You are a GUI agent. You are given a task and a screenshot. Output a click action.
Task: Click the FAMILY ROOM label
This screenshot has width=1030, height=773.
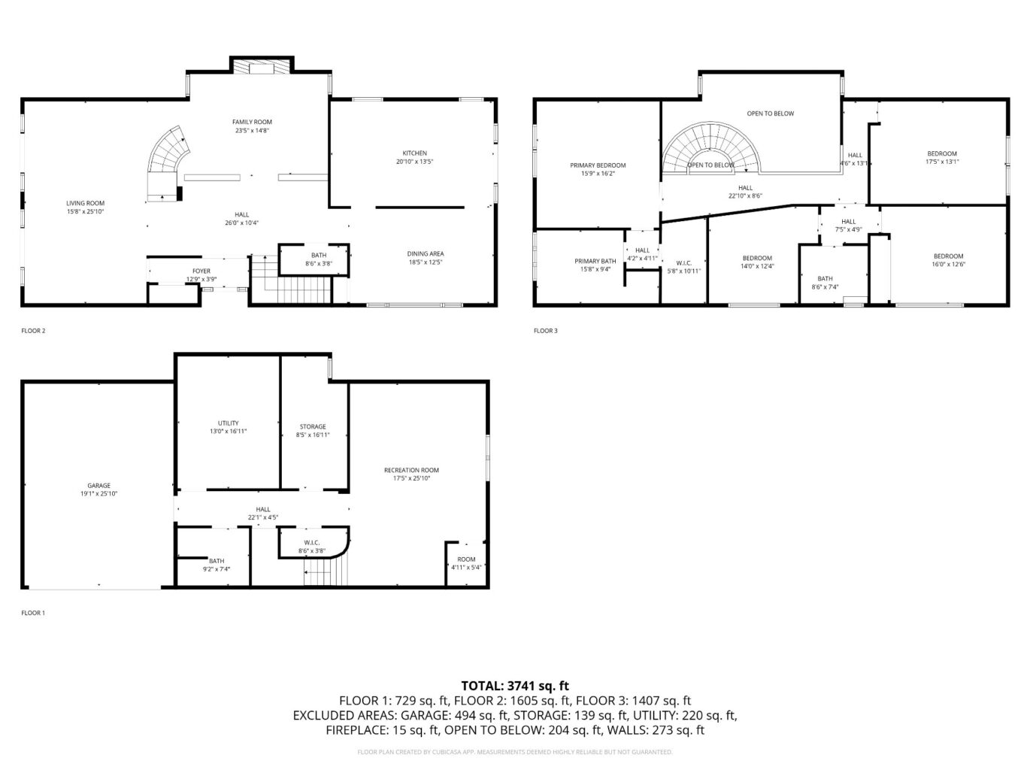pyautogui.click(x=252, y=122)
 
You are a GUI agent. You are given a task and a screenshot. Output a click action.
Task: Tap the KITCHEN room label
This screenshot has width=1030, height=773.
pyautogui.click(x=414, y=153)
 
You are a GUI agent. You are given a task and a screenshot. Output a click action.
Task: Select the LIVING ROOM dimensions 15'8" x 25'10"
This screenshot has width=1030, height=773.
pyautogui.click(x=85, y=212)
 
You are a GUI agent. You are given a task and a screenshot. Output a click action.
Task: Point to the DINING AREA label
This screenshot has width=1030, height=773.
pyautogui.click(x=425, y=254)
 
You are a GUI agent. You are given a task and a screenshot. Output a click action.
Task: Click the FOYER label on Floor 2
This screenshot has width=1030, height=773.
pyautogui.click(x=201, y=271)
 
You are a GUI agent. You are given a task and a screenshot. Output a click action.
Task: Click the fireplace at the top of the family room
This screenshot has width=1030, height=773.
pyautogui.click(x=261, y=68)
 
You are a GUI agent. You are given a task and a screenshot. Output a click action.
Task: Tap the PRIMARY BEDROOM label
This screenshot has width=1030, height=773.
pyautogui.click(x=598, y=165)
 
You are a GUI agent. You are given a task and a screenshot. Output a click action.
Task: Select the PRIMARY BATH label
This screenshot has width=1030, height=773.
pyautogui.click(x=595, y=261)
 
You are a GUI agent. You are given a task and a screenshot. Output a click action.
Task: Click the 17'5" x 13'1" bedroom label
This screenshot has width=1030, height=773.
pyautogui.click(x=941, y=162)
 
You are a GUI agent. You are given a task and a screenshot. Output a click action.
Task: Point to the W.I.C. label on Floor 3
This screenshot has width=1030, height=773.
pyautogui.click(x=683, y=263)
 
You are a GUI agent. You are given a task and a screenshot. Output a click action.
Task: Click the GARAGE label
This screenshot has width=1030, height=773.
pyautogui.click(x=98, y=486)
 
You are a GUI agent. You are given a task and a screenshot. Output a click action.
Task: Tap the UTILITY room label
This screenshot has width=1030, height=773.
pyautogui.click(x=228, y=423)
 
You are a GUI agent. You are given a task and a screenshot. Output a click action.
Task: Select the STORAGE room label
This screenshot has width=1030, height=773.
pyautogui.click(x=313, y=426)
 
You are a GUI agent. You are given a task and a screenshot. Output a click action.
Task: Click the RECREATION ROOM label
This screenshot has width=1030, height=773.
pyautogui.click(x=411, y=470)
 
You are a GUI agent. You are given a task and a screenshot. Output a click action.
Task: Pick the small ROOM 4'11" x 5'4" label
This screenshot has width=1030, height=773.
pyautogui.click(x=466, y=559)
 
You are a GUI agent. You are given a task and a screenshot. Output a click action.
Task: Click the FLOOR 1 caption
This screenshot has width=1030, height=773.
pyautogui.click(x=33, y=613)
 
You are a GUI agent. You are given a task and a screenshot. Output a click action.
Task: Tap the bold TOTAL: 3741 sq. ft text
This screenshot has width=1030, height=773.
pyautogui.click(x=515, y=685)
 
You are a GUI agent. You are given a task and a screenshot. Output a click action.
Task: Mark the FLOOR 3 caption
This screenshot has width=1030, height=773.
pyautogui.click(x=546, y=331)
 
